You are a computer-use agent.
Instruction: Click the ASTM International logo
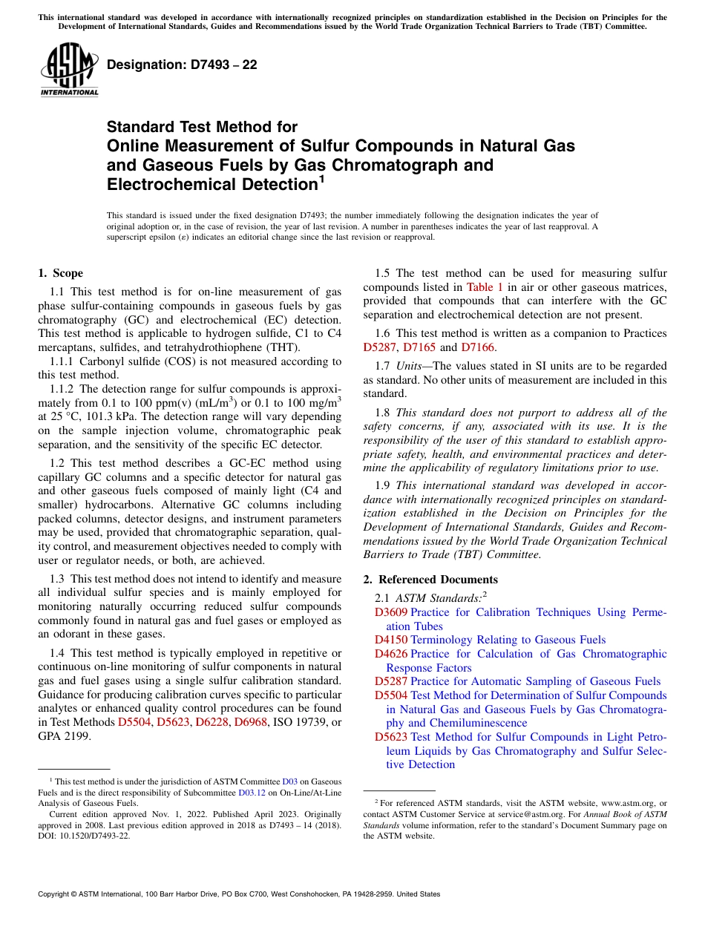pos(69,69)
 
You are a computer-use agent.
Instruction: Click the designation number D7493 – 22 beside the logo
pos(182,65)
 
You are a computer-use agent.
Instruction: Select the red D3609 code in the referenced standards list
pos(390,612)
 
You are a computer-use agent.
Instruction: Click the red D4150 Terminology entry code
pos(390,640)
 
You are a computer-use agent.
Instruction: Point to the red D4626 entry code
pos(390,654)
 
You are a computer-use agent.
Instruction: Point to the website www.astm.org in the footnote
pos(630,803)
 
